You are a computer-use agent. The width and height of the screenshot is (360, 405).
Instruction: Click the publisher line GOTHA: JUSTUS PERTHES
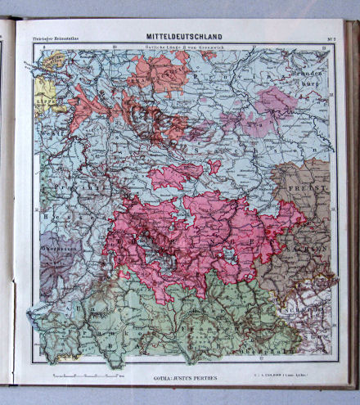184,379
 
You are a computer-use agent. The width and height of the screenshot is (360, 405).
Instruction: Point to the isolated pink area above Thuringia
176,173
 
